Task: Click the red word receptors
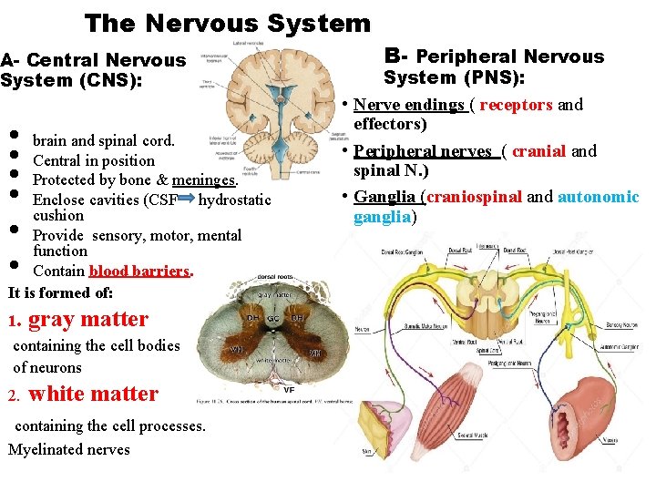(516, 105)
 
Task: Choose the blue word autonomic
(599, 197)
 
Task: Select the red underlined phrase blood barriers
(139, 271)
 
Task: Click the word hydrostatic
(234, 199)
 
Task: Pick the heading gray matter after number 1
(88, 319)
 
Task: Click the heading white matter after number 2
(94, 394)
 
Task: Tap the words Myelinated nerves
(69, 449)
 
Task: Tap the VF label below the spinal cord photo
(288, 390)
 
